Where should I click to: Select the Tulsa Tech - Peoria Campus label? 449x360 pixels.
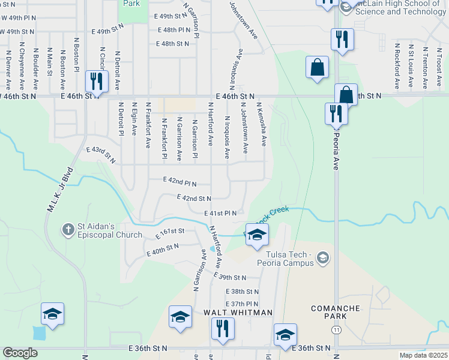click(x=282, y=258)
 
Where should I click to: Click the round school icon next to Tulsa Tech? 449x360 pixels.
click(x=323, y=258)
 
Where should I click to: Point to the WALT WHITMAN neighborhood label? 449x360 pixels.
click(x=238, y=313)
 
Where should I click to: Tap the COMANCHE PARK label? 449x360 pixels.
click(x=328, y=311)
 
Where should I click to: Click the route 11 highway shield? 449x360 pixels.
click(x=336, y=330)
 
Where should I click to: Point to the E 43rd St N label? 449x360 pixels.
click(x=101, y=154)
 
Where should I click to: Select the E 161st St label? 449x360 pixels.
click(x=169, y=231)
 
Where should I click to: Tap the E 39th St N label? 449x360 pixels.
click(x=230, y=278)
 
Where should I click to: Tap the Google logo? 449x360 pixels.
click(x=20, y=353)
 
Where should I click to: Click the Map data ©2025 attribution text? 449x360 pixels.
click(x=423, y=355)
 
